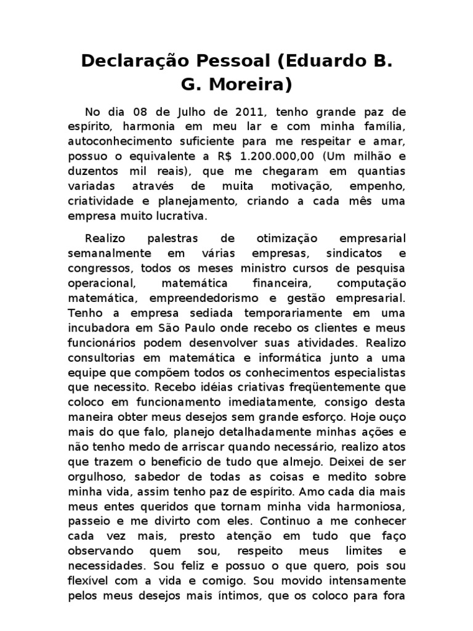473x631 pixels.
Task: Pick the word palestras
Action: click(x=172, y=239)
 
